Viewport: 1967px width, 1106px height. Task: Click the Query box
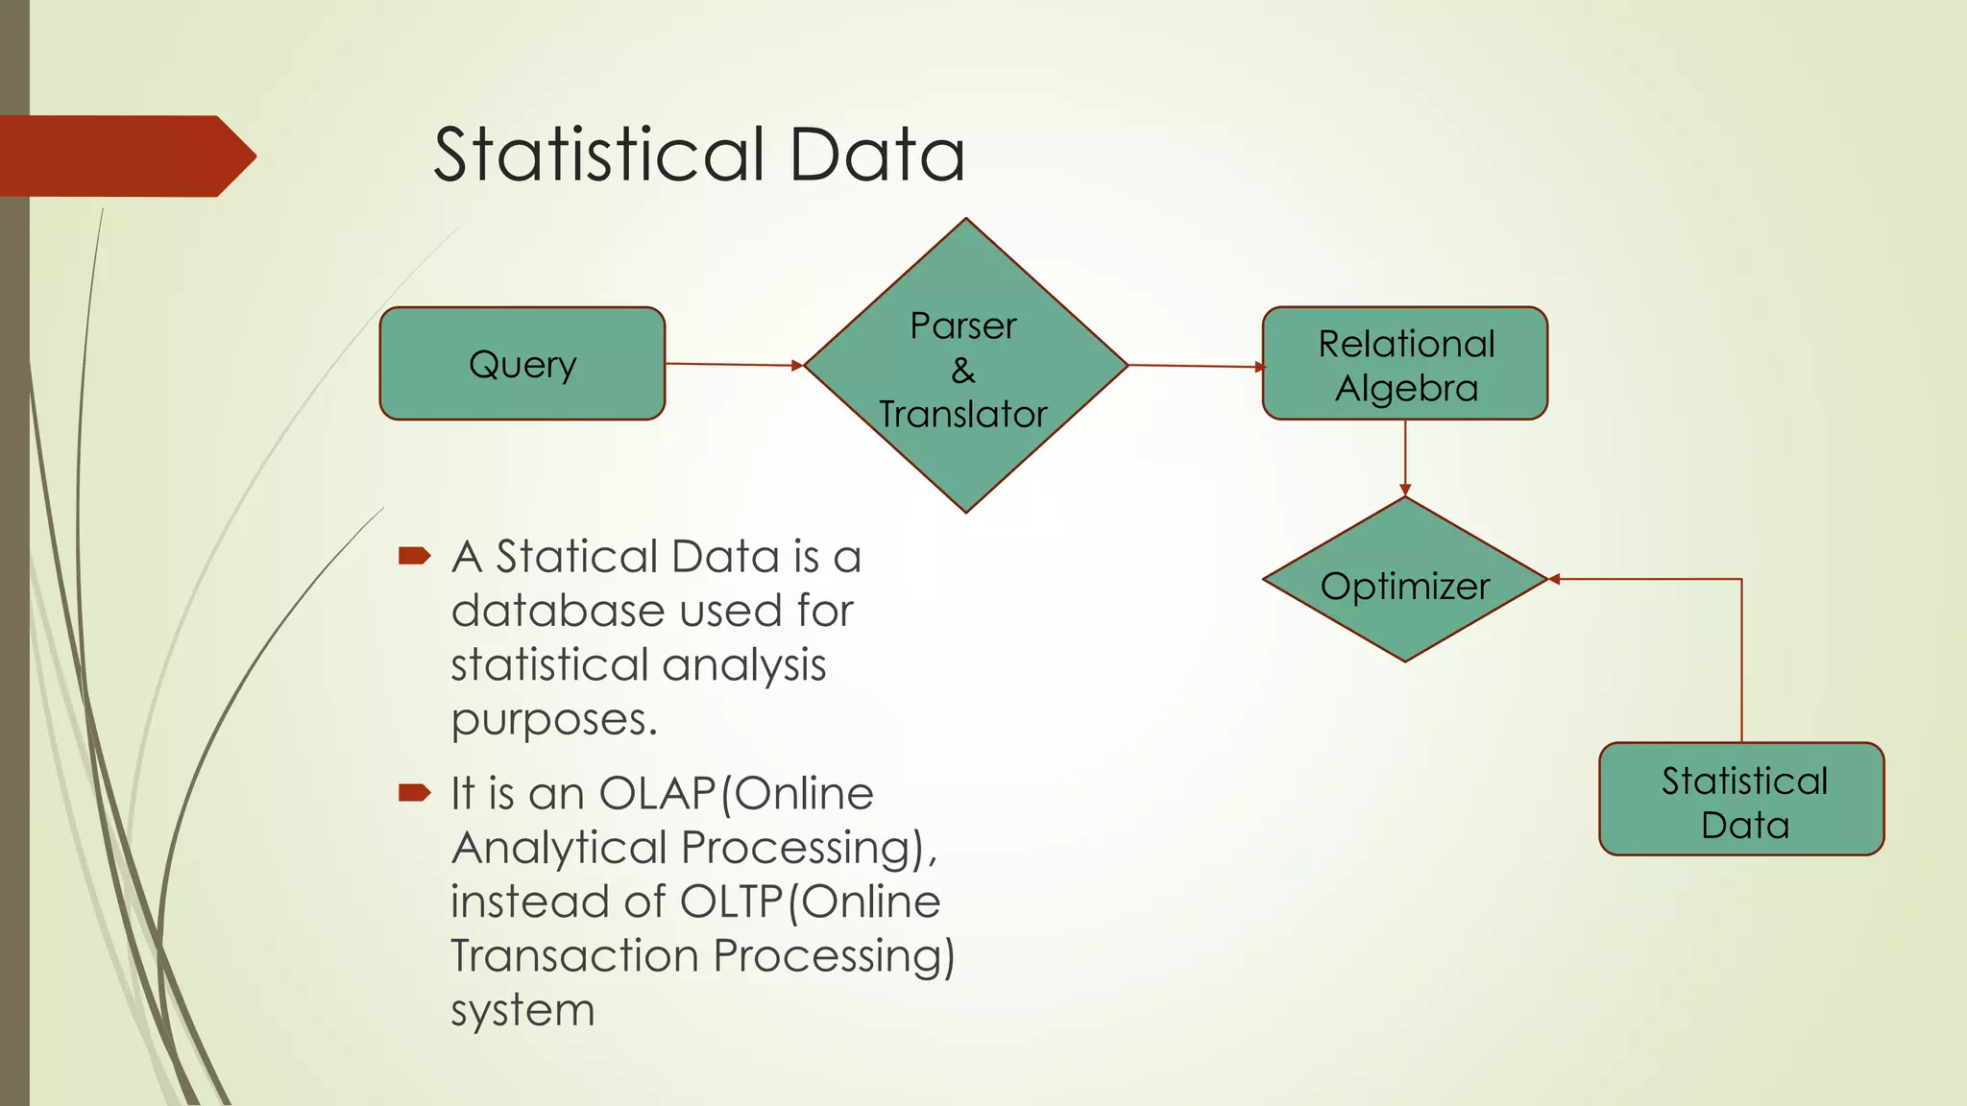(522, 364)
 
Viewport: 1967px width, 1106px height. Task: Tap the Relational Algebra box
(1404, 364)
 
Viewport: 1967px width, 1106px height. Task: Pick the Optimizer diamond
(1404, 581)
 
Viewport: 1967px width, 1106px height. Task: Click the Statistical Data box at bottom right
(1741, 800)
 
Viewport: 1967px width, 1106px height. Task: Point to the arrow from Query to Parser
(734, 365)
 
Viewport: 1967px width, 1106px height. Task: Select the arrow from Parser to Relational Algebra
(1196, 366)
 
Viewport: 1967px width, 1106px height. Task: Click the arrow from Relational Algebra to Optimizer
(1405, 457)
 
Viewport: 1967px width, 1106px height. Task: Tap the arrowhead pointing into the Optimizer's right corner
(1555, 579)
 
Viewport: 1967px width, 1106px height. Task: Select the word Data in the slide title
(877, 155)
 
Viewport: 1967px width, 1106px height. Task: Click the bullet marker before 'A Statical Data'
(414, 555)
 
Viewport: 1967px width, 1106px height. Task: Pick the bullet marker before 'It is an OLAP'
(414, 792)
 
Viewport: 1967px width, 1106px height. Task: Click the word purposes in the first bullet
(553, 720)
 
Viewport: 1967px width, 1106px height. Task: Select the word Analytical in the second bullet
(559, 848)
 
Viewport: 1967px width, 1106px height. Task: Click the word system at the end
(522, 1011)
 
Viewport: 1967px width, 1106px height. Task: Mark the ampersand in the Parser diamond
(963, 371)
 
